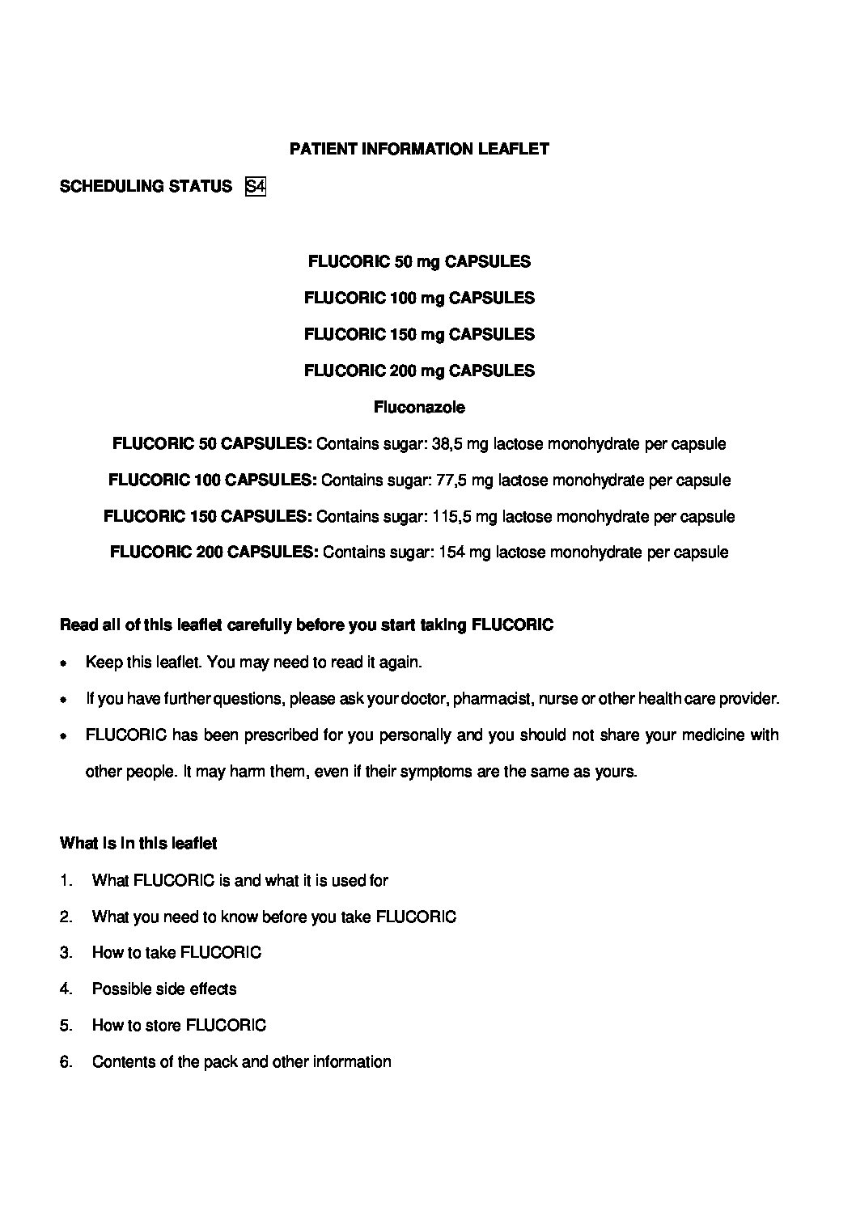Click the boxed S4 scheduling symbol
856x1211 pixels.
(255, 187)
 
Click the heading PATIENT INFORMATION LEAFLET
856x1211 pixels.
(419, 149)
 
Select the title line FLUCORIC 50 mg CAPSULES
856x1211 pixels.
(419, 261)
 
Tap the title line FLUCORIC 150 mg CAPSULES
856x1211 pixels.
(419, 334)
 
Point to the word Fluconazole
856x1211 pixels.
(419, 407)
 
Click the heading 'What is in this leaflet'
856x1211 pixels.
(138, 844)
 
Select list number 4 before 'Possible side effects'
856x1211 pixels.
(66, 989)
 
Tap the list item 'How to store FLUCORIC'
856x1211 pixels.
(179, 1026)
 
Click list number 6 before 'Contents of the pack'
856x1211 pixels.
(66, 1062)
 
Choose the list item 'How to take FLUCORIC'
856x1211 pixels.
(176, 953)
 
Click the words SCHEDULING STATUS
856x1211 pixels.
(146, 187)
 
